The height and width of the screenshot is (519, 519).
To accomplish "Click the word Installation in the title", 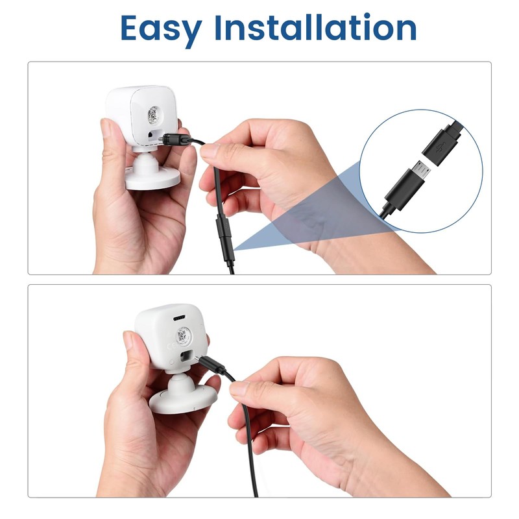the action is tap(315, 27).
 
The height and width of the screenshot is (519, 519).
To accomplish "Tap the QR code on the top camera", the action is tap(153, 115).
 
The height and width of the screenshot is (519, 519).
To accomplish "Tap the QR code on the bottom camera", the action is tap(182, 336).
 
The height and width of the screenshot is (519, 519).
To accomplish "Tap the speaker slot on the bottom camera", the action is tap(179, 318).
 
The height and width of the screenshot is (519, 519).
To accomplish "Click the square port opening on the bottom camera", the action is tap(186, 356).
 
